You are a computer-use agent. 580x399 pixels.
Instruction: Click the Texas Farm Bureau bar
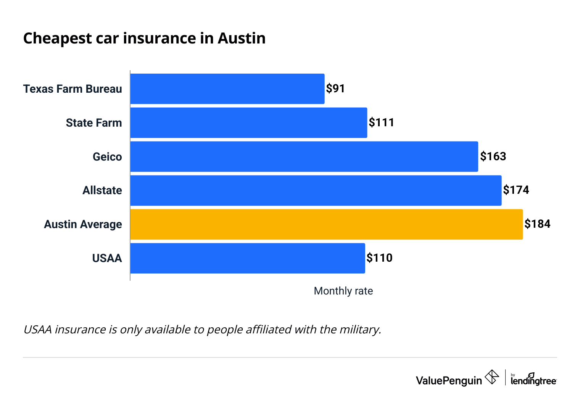227,89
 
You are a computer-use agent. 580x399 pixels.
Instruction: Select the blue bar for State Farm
249,123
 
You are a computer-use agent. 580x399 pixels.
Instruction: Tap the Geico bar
304,156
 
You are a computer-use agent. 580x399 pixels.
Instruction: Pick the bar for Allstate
316,190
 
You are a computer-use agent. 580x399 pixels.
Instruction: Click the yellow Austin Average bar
327,224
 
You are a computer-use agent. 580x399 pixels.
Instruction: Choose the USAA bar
248,258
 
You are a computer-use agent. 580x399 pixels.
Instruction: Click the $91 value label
335,88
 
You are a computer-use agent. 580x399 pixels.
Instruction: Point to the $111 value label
381,122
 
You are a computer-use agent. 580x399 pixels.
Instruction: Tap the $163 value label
493,156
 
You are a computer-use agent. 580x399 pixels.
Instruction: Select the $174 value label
516,190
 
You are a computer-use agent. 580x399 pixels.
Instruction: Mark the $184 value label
537,224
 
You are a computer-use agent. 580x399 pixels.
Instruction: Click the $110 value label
379,258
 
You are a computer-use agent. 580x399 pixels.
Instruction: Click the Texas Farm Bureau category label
72,89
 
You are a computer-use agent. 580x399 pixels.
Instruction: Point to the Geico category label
107,157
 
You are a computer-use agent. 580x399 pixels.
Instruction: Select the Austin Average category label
83,224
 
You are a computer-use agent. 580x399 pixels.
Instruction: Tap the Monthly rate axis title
343,291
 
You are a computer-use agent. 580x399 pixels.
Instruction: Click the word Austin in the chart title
242,39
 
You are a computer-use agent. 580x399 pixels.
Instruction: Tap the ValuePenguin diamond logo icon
491,377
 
